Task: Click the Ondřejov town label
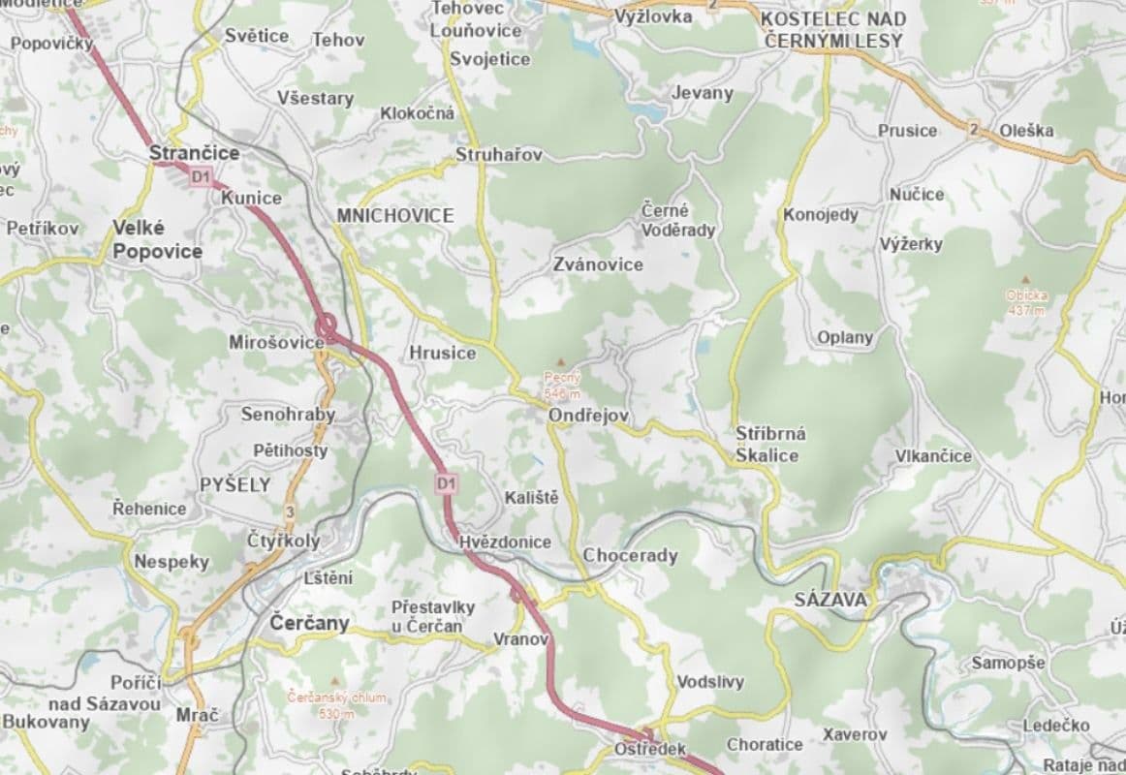coord(588,416)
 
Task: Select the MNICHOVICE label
coord(394,215)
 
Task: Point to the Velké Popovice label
coord(157,239)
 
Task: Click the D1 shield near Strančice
coord(201,176)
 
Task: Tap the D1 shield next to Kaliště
coord(446,482)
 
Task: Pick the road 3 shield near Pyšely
coord(289,511)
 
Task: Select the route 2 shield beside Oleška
coord(972,129)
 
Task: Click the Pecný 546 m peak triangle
coord(559,360)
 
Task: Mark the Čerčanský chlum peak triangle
coord(336,681)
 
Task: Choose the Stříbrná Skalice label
coord(770,444)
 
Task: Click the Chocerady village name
coord(630,556)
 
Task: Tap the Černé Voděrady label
coord(678,220)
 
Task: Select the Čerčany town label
coord(309,622)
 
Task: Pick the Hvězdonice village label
coord(504,542)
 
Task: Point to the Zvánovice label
coord(598,264)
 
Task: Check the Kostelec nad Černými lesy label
coord(833,30)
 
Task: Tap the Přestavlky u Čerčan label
coord(432,615)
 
